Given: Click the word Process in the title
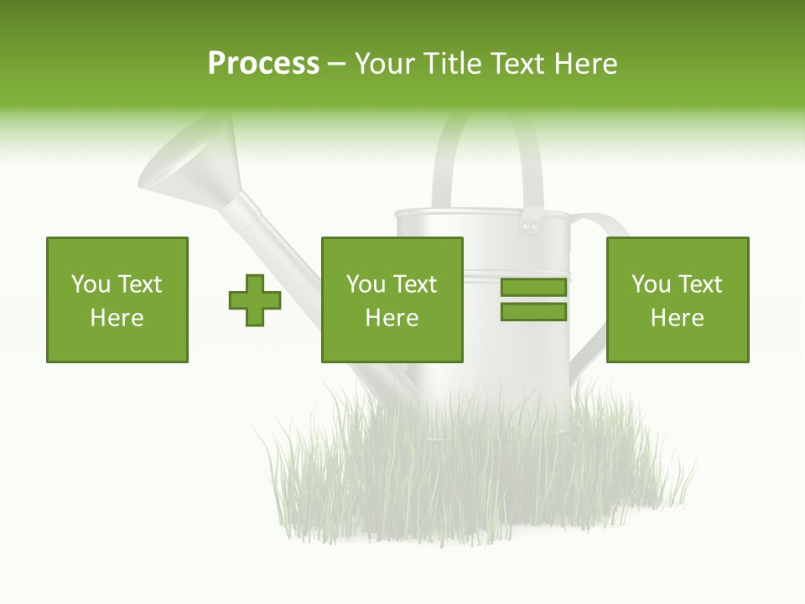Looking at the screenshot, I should click(x=263, y=64).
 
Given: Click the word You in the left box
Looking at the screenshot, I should click(x=90, y=284).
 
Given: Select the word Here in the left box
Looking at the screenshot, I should click(x=117, y=318).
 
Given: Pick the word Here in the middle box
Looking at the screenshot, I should click(x=392, y=318).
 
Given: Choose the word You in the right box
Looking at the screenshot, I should click(x=650, y=284).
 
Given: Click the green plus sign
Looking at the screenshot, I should click(x=255, y=300).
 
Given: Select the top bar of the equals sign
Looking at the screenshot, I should click(x=533, y=288).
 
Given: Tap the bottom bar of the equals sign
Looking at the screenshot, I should click(x=533, y=312).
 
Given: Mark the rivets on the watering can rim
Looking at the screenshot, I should click(x=530, y=226).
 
